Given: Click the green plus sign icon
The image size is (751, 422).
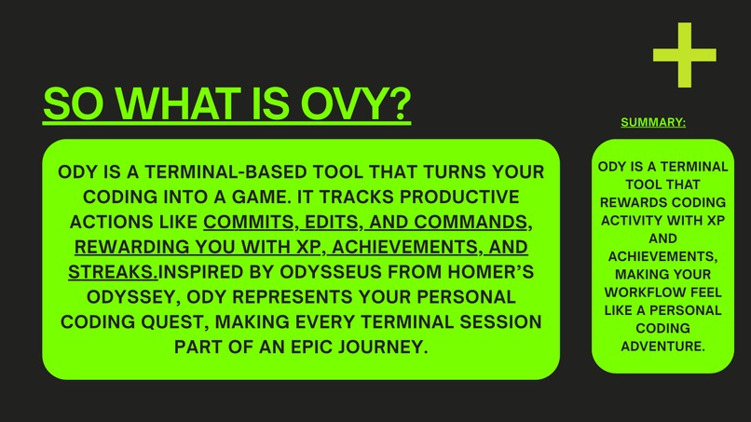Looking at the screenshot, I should point(685,55).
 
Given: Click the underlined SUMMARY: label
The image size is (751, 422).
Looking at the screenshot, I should point(652,122).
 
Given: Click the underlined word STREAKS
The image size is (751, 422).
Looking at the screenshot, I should point(113,272).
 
